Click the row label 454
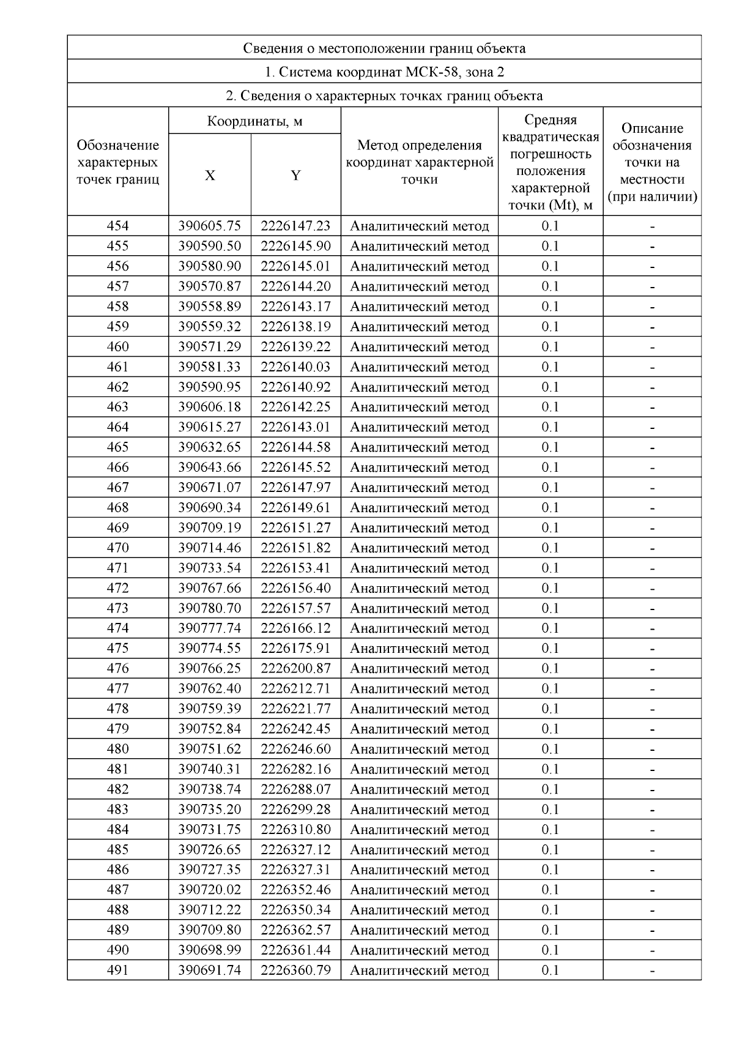(x=117, y=226)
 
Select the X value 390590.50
(x=209, y=246)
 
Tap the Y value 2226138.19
(x=295, y=326)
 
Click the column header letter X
(x=210, y=176)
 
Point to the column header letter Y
(x=295, y=176)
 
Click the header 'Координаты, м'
(x=254, y=121)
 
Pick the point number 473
(x=117, y=608)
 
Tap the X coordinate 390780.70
(x=209, y=608)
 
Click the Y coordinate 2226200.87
(x=295, y=668)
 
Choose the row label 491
(x=117, y=970)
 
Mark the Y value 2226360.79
(x=295, y=970)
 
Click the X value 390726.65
(x=209, y=849)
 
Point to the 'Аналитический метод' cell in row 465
(x=419, y=447)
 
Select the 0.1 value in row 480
(x=550, y=749)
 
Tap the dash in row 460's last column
(x=652, y=347)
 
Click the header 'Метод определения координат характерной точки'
(x=419, y=162)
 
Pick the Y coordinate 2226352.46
(x=295, y=890)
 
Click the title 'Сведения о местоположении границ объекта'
(x=384, y=48)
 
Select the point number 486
(x=117, y=870)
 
